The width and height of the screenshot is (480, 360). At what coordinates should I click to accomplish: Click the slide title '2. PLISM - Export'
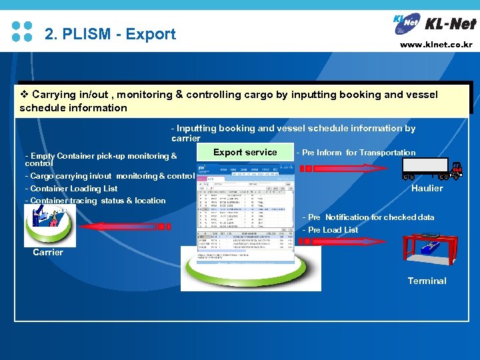[110, 34]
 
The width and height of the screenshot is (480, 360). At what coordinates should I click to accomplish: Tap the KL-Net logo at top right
[434, 23]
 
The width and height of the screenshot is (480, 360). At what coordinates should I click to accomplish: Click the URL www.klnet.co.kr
[436, 45]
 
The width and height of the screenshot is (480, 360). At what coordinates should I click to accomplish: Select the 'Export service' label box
[245, 152]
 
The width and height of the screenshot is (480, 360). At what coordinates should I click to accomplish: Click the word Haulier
[427, 188]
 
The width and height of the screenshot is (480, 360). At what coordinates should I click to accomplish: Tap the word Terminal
[427, 281]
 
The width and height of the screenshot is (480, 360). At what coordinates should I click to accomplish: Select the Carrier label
[48, 252]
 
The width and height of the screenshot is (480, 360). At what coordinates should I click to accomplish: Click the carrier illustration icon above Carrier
[47, 225]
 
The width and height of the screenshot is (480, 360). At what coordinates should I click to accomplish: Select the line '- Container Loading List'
[71, 189]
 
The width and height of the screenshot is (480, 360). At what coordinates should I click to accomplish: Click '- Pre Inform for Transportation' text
[355, 153]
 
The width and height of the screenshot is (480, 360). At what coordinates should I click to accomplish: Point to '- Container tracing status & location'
[95, 201]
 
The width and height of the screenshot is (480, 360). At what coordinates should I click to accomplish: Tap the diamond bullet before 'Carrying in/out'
[24, 95]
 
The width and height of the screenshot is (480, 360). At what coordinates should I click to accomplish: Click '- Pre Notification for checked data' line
[368, 217]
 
